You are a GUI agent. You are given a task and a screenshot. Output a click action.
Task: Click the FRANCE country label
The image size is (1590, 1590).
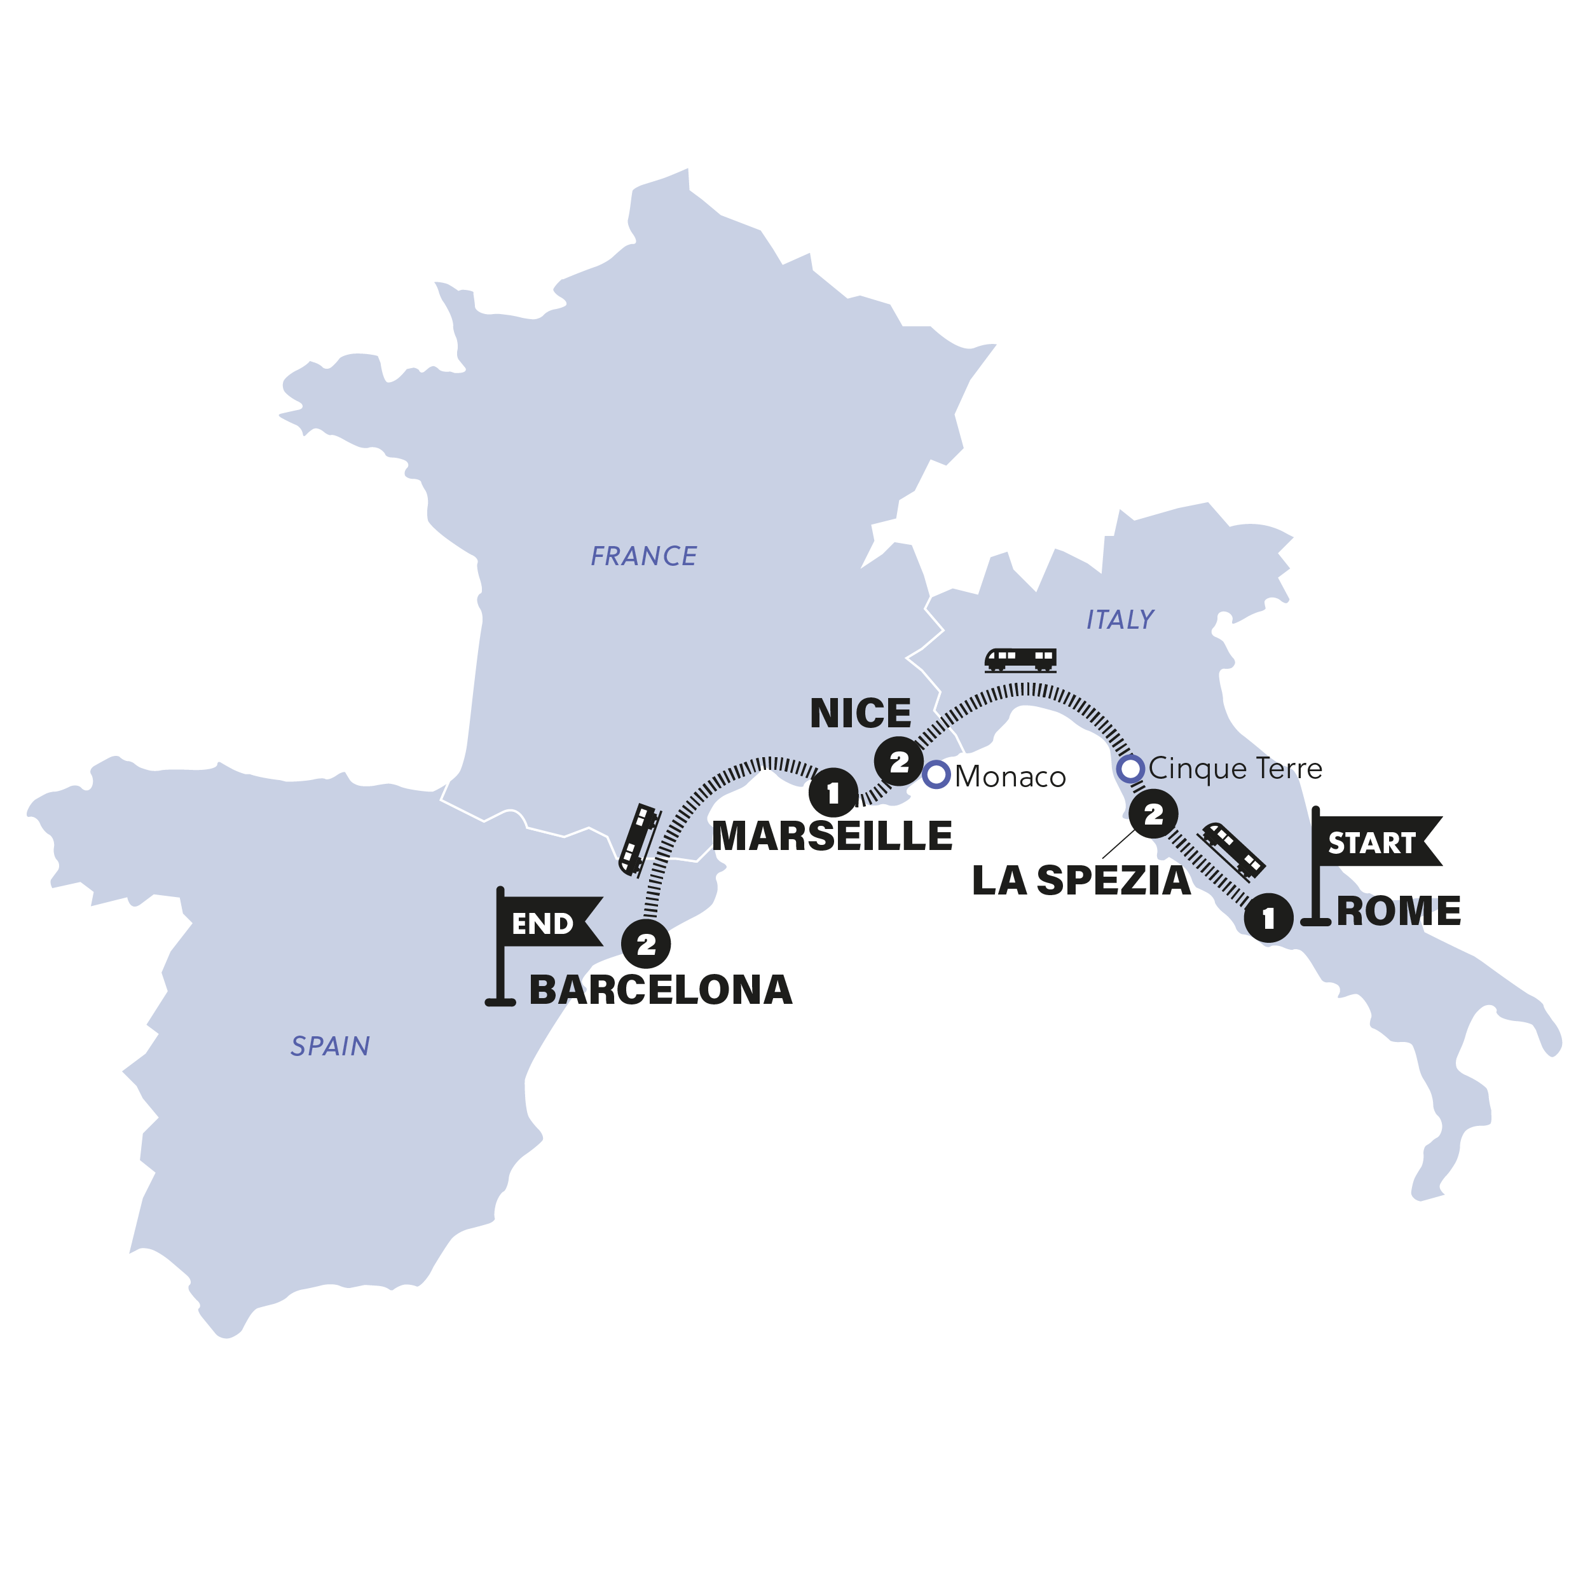pyautogui.click(x=643, y=556)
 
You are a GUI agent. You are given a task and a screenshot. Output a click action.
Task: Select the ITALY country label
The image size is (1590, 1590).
pyautogui.click(x=1120, y=620)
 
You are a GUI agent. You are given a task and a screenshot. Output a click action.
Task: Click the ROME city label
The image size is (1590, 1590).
pyautogui.click(x=1398, y=911)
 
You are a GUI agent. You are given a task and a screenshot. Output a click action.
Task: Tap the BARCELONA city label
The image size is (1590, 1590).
pyautogui.click(x=660, y=989)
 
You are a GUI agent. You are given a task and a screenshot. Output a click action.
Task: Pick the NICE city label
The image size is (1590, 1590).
pyautogui.click(x=860, y=713)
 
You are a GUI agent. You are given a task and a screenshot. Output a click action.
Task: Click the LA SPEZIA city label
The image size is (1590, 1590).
pyautogui.click(x=1081, y=881)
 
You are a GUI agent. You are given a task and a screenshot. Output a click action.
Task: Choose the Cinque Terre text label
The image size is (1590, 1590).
pyautogui.click(x=1235, y=769)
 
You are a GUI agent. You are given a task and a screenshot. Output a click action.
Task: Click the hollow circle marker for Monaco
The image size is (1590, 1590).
pyautogui.click(x=936, y=774)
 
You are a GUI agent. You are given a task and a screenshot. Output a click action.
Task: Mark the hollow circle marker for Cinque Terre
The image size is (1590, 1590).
pyautogui.click(x=1131, y=769)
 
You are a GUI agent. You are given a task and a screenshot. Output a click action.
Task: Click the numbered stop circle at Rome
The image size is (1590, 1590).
pyautogui.click(x=1268, y=917)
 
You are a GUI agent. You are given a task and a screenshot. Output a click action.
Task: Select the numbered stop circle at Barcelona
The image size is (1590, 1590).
pyautogui.click(x=646, y=944)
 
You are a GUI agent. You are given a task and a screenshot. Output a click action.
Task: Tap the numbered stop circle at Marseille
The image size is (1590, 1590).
pyautogui.click(x=833, y=793)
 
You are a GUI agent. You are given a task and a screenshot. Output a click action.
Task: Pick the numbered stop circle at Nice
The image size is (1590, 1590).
pyautogui.click(x=899, y=762)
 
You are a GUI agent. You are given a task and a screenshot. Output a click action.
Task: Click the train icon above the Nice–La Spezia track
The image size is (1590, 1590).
pyautogui.click(x=1020, y=659)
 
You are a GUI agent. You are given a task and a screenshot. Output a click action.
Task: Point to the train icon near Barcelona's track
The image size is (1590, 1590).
pyautogui.click(x=640, y=839)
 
